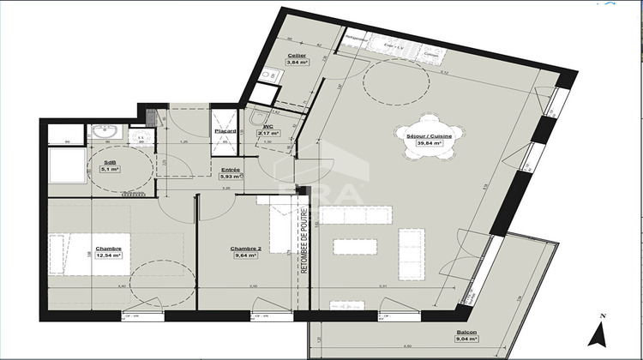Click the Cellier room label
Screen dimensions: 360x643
tap(297, 55)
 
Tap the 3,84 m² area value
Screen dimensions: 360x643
tap(297, 63)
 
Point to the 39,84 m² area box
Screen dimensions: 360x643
tap(429, 143)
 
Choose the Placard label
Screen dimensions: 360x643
tap(225, 131)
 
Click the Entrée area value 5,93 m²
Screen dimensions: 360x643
tap(231, 177)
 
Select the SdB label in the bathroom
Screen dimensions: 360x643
tap(110, 162)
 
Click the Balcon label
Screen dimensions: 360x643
tap(467, 333)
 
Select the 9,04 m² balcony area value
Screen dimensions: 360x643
tap(467, 340)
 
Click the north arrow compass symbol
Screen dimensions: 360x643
tap(603, 328)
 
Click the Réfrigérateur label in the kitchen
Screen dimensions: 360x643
tap(356, 39)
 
